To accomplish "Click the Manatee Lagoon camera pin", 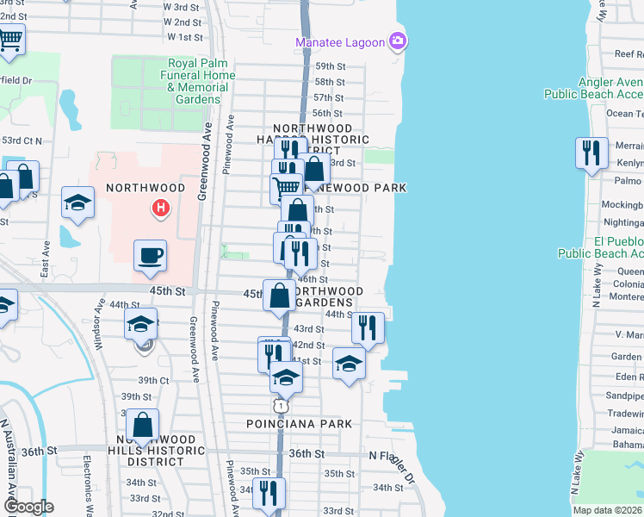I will click(x=397, y=40).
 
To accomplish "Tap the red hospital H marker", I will click(x=159, y=208).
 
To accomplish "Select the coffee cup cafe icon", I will click(x=151, y=255).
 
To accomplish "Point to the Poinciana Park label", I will click(x=299, y=424).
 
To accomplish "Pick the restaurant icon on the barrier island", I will click(x=591, y=153).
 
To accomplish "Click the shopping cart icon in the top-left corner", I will click(x=10, y=39).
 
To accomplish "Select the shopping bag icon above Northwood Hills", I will click(x=143, y=425).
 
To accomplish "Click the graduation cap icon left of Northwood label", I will click(x=77, y=203).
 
